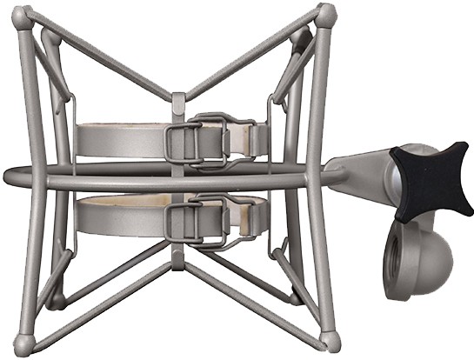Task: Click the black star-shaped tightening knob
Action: point(431,180)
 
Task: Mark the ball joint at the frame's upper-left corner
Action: point(28,16)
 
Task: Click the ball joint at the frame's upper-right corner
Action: point(326,15)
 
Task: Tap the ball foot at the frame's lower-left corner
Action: point(29,339)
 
